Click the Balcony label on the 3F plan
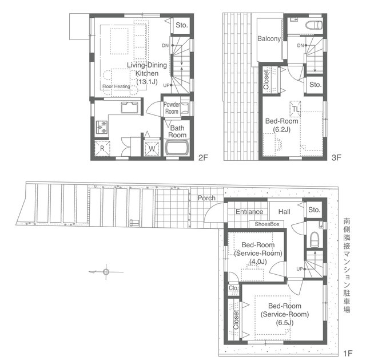click(269, 39)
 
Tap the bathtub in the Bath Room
click(177, 148)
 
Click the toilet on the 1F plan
click(314, 239)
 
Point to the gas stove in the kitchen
click(102, 127)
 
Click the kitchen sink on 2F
click(129, 108)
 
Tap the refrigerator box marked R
click(102, 148)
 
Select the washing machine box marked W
click(152, 149)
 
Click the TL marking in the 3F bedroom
click(295, 109)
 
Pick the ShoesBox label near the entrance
click(267, 224)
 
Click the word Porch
click(206, 198)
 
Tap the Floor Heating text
click(116, 86)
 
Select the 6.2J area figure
click(282, 129)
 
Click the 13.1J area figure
click(147, 82)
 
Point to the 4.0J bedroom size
click(258, 262)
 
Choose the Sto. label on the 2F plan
click(182, 25)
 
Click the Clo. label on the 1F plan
click(233, 288)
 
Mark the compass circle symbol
click(106, 272)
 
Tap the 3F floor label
click(336, 158)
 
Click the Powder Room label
click(172, 108)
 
